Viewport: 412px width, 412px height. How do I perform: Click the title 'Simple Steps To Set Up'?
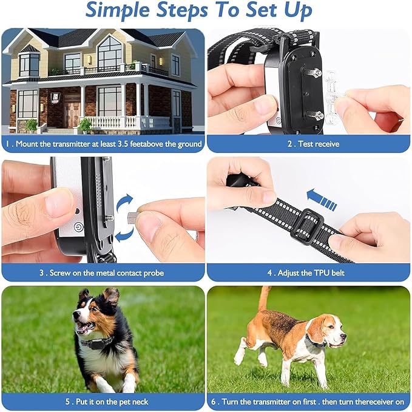tap(199, 12)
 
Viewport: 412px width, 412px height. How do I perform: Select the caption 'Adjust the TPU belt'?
tap(308, 272)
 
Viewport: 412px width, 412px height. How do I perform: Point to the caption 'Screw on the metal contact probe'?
tap(102, 272)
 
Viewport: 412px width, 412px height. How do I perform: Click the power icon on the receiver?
tap(78, 229)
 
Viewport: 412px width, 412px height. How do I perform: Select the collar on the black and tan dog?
tap(97, 343)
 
